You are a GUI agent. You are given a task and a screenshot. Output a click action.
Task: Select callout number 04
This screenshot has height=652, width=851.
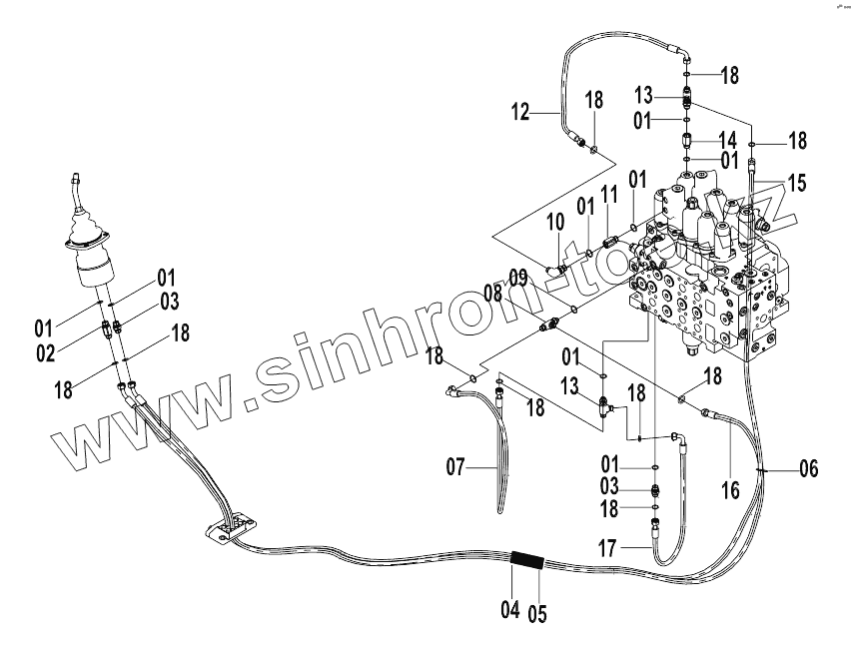(x=510, y=609)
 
